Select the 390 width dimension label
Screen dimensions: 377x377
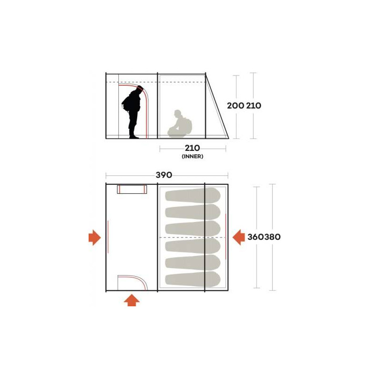click(164, 175)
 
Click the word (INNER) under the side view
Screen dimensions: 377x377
click(192, 156)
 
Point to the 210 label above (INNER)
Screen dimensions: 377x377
click(192, 148)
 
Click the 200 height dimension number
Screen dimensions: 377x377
click(235, 106)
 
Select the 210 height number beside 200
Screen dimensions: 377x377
click(253, 106)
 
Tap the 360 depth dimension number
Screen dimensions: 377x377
click(256, 237)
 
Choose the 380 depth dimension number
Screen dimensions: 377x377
click(272, 237)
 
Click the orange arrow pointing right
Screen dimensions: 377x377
click(95, 238)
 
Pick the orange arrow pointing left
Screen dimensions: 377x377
click(238, 238)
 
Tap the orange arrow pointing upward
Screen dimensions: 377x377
click(131, 300)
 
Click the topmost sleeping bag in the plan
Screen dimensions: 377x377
click(193, 195)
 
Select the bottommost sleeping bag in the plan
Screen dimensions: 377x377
click(193, 279)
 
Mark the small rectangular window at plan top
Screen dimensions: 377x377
click(132, 189)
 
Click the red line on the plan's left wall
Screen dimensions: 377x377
click(108, 237)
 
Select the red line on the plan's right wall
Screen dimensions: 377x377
click(226, 237)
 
